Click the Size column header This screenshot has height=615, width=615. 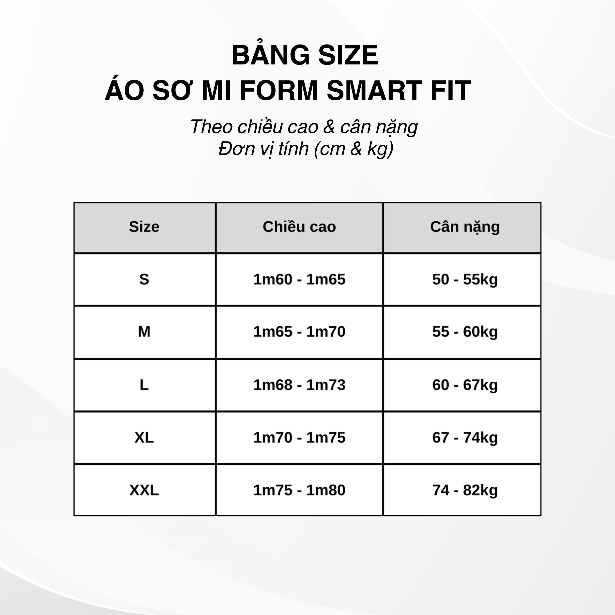144,227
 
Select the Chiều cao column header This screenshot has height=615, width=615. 299,227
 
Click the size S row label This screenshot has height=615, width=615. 144,279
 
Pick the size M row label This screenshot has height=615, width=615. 144,332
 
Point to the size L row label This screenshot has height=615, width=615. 144,385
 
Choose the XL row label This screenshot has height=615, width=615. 144,437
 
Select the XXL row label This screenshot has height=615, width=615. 144,490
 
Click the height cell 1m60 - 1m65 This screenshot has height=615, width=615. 299,279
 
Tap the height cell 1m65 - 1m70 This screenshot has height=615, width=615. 299,332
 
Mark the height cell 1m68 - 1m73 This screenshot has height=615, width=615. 299,385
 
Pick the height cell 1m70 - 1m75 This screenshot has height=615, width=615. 299,437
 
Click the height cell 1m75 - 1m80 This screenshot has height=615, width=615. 299,490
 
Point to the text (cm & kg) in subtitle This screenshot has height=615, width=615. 354,149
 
